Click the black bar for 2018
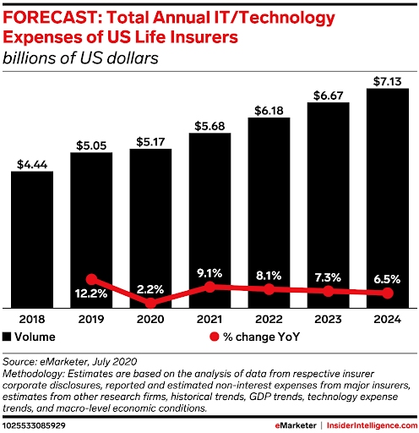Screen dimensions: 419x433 coord(32,239)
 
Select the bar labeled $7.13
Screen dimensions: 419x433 coord(388,198)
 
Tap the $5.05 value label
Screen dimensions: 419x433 coord(91,145)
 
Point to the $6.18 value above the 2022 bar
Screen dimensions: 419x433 coord(269,111)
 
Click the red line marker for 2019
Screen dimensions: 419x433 coord(91,279)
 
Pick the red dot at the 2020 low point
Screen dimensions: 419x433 coord(150,304)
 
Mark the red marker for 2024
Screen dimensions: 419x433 coord(388,293)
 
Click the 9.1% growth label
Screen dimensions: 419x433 coord(209,273)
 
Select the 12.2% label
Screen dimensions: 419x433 coord(91,293)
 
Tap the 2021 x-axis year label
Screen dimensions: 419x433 coord(209,320)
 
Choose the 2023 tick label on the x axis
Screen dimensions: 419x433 coord(328,320)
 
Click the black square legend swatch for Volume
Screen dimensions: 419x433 coord(7,337)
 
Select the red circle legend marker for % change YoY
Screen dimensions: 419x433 coord(215,337)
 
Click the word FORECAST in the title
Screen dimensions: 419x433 coord(50,18)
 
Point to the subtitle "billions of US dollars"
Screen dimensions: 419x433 coord(80,58)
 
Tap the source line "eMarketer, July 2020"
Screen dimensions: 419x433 coord(88,362)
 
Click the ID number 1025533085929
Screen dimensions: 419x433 coord(34,425)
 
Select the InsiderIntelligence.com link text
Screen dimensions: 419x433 coord(372,425)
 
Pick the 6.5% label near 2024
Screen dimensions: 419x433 coord(387,279)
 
